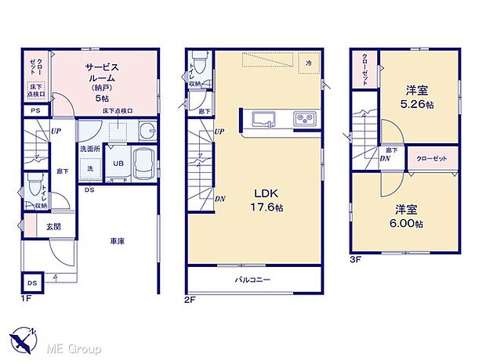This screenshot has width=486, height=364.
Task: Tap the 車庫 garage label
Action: point(117,241)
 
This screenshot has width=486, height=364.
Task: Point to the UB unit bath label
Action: point(118,164)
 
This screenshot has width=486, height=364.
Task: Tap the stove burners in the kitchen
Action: point(304,119)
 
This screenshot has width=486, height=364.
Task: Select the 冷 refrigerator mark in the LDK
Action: point(308,63)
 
